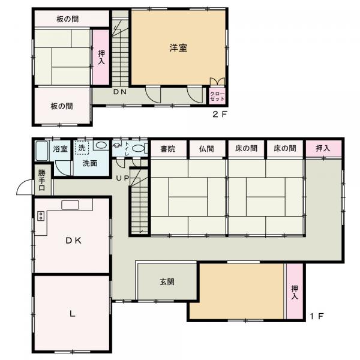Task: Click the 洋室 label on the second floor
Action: point(178,49)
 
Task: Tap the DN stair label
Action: point(121,92)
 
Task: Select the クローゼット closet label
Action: point(216,95)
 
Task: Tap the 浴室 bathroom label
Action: point(60,148)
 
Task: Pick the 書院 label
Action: point(167,149)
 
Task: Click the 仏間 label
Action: point(206,149)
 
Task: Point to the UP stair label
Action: point(122,179)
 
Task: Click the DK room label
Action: point(73,241)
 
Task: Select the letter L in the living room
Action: point(71,313)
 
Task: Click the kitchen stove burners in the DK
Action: point(41,216)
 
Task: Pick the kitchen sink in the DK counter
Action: point(69,205)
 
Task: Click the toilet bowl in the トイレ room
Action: point(138,148)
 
